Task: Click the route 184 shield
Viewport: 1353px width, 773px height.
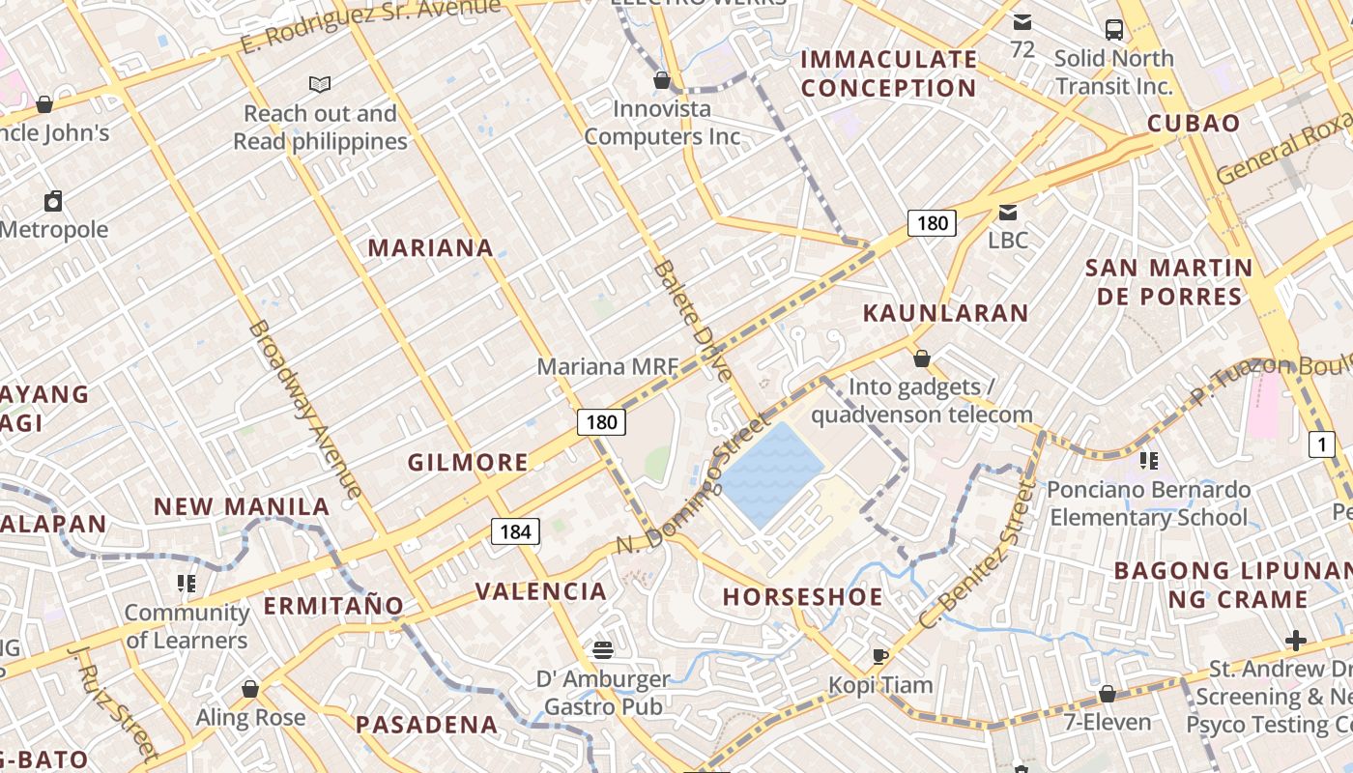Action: (x=516, y=530)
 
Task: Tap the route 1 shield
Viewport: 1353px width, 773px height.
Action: (x=1321, y=444)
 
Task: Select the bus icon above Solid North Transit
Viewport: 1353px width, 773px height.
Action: (x=1114, y=29)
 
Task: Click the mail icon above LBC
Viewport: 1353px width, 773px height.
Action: (x=1008, y=212)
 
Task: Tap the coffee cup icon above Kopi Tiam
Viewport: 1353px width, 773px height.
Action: (x=879, y=656)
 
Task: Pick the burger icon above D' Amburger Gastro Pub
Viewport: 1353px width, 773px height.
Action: (x=603, y=649)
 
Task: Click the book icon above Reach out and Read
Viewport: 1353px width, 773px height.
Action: (x=320, y=85)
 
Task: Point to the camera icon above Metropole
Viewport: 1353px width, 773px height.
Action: (x=53, y=201)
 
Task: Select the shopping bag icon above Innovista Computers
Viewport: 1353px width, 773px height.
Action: (x=662, y=79)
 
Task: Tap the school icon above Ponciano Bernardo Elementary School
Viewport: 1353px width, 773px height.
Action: (x=1148, y=460)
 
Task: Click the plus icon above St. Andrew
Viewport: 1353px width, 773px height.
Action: (x=1296, y=640)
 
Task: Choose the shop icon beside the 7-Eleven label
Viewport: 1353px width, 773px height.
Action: (x=1108, y=694)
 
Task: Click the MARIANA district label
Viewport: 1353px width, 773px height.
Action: (x=431, y=248)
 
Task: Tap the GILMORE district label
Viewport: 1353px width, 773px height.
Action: (x=468, y=463)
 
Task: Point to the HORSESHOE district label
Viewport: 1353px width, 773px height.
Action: (x=803, y=597)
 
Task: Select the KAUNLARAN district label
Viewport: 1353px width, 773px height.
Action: (x=945, y=313)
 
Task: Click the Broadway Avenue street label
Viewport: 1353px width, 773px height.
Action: (x=305, y=409)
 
